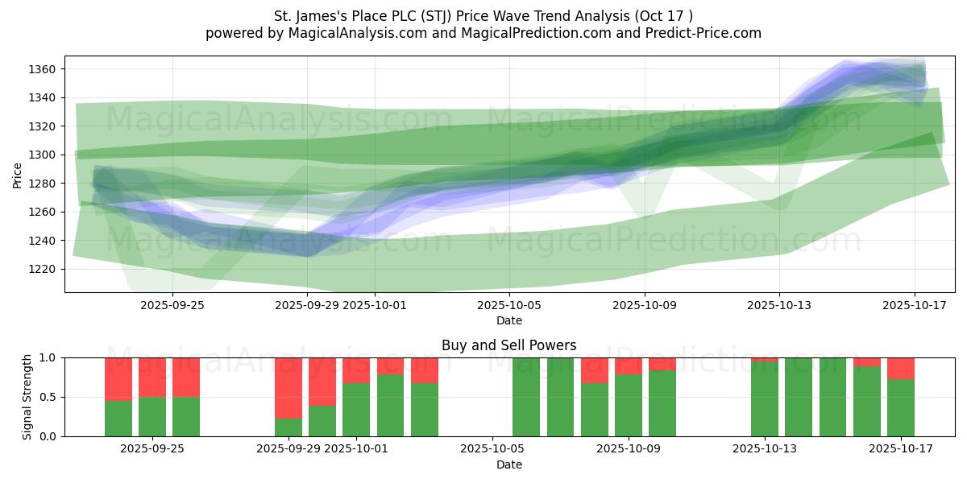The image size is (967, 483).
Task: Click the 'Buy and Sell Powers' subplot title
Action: click(x=508, y=345)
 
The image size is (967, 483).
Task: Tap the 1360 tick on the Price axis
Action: click(x=43, y=69)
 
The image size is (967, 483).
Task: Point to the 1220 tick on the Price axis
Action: click(x=43, y=269)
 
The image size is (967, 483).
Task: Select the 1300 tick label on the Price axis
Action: click(x=43, y=155)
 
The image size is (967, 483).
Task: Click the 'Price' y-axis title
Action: click(x=18, y=174)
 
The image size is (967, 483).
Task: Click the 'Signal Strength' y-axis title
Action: click(x=27, y=396)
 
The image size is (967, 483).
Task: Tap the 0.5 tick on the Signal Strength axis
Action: click(x=49, y=397)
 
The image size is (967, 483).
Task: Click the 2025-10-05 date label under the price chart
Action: click(x=509, y=305)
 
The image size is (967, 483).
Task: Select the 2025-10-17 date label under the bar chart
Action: click(x=900, y=449)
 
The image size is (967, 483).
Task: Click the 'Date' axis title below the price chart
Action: click(x=508, y=320)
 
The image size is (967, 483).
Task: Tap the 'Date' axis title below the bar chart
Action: click(x=508, y=464)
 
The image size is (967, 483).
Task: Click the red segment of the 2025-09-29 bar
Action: click(x=288, y=387)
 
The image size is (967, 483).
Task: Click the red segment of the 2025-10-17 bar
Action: click(x=900, y=368)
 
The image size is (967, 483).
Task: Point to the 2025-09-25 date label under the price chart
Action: click(x=172, y=305)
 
